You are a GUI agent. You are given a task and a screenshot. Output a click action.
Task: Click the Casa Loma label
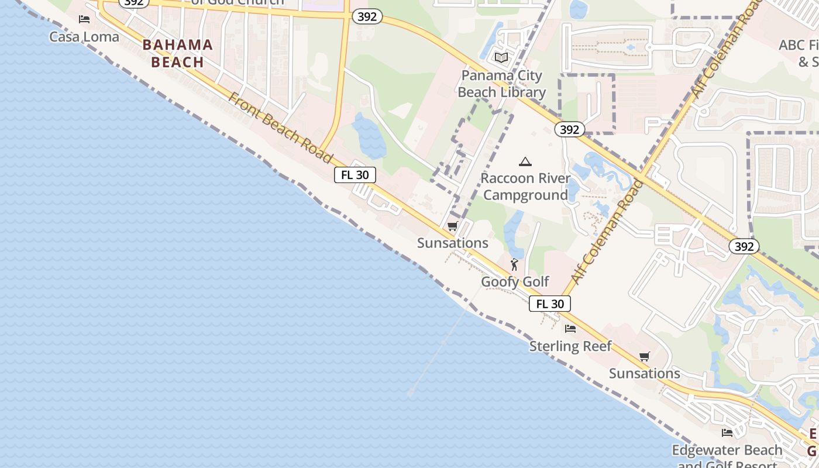click(84, 37)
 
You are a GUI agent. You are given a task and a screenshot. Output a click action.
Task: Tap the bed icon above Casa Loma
click(84, 19)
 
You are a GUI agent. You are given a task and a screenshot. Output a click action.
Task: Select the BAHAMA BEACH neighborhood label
click(177, 53)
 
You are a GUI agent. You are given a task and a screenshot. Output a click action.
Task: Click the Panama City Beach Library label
click(501, 84)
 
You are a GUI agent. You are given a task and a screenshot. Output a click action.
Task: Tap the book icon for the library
click(501, 57)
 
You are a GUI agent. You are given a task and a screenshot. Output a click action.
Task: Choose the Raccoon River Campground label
click(525, 186)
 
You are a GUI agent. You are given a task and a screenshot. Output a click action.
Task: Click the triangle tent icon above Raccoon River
click(525, 161)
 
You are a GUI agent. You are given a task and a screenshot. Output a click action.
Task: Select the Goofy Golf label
click(515, 282)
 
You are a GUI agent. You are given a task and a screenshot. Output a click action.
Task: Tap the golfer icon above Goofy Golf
click(514, 264)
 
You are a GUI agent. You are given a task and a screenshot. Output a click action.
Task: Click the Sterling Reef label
click(570, 346)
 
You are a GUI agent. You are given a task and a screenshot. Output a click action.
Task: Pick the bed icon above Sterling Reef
click(570, 329)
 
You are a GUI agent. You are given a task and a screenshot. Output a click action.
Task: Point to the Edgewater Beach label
click(727, 450)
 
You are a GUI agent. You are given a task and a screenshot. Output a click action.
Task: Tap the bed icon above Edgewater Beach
click(727, 433)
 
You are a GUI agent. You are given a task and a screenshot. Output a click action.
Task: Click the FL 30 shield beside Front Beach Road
click(355, 175)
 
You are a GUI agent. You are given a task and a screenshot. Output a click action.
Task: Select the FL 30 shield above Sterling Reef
click(550, 304)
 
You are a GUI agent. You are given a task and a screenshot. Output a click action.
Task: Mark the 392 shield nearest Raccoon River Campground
click(569, 129)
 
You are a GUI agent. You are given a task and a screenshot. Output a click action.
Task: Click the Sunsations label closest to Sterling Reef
click(645, 373)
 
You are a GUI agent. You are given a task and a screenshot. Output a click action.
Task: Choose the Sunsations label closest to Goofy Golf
click(453, 243)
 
